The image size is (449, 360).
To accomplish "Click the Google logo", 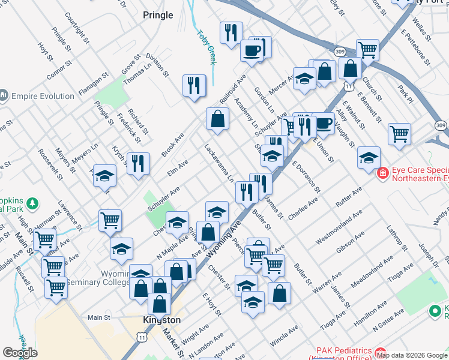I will pos(20,353).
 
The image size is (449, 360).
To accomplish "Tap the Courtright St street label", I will pos(79,29).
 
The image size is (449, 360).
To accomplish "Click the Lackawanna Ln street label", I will pos(220,162).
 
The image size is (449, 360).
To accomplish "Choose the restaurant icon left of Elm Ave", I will pos(139,163).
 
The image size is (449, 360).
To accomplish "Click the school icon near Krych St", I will pos(105,176).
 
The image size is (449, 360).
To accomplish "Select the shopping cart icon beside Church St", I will pos(367,50).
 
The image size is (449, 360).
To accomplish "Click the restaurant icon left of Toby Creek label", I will pos(194,85).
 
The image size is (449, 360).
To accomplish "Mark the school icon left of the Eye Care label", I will pos(369,158).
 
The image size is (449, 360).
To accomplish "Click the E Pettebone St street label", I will pos(415,43).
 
